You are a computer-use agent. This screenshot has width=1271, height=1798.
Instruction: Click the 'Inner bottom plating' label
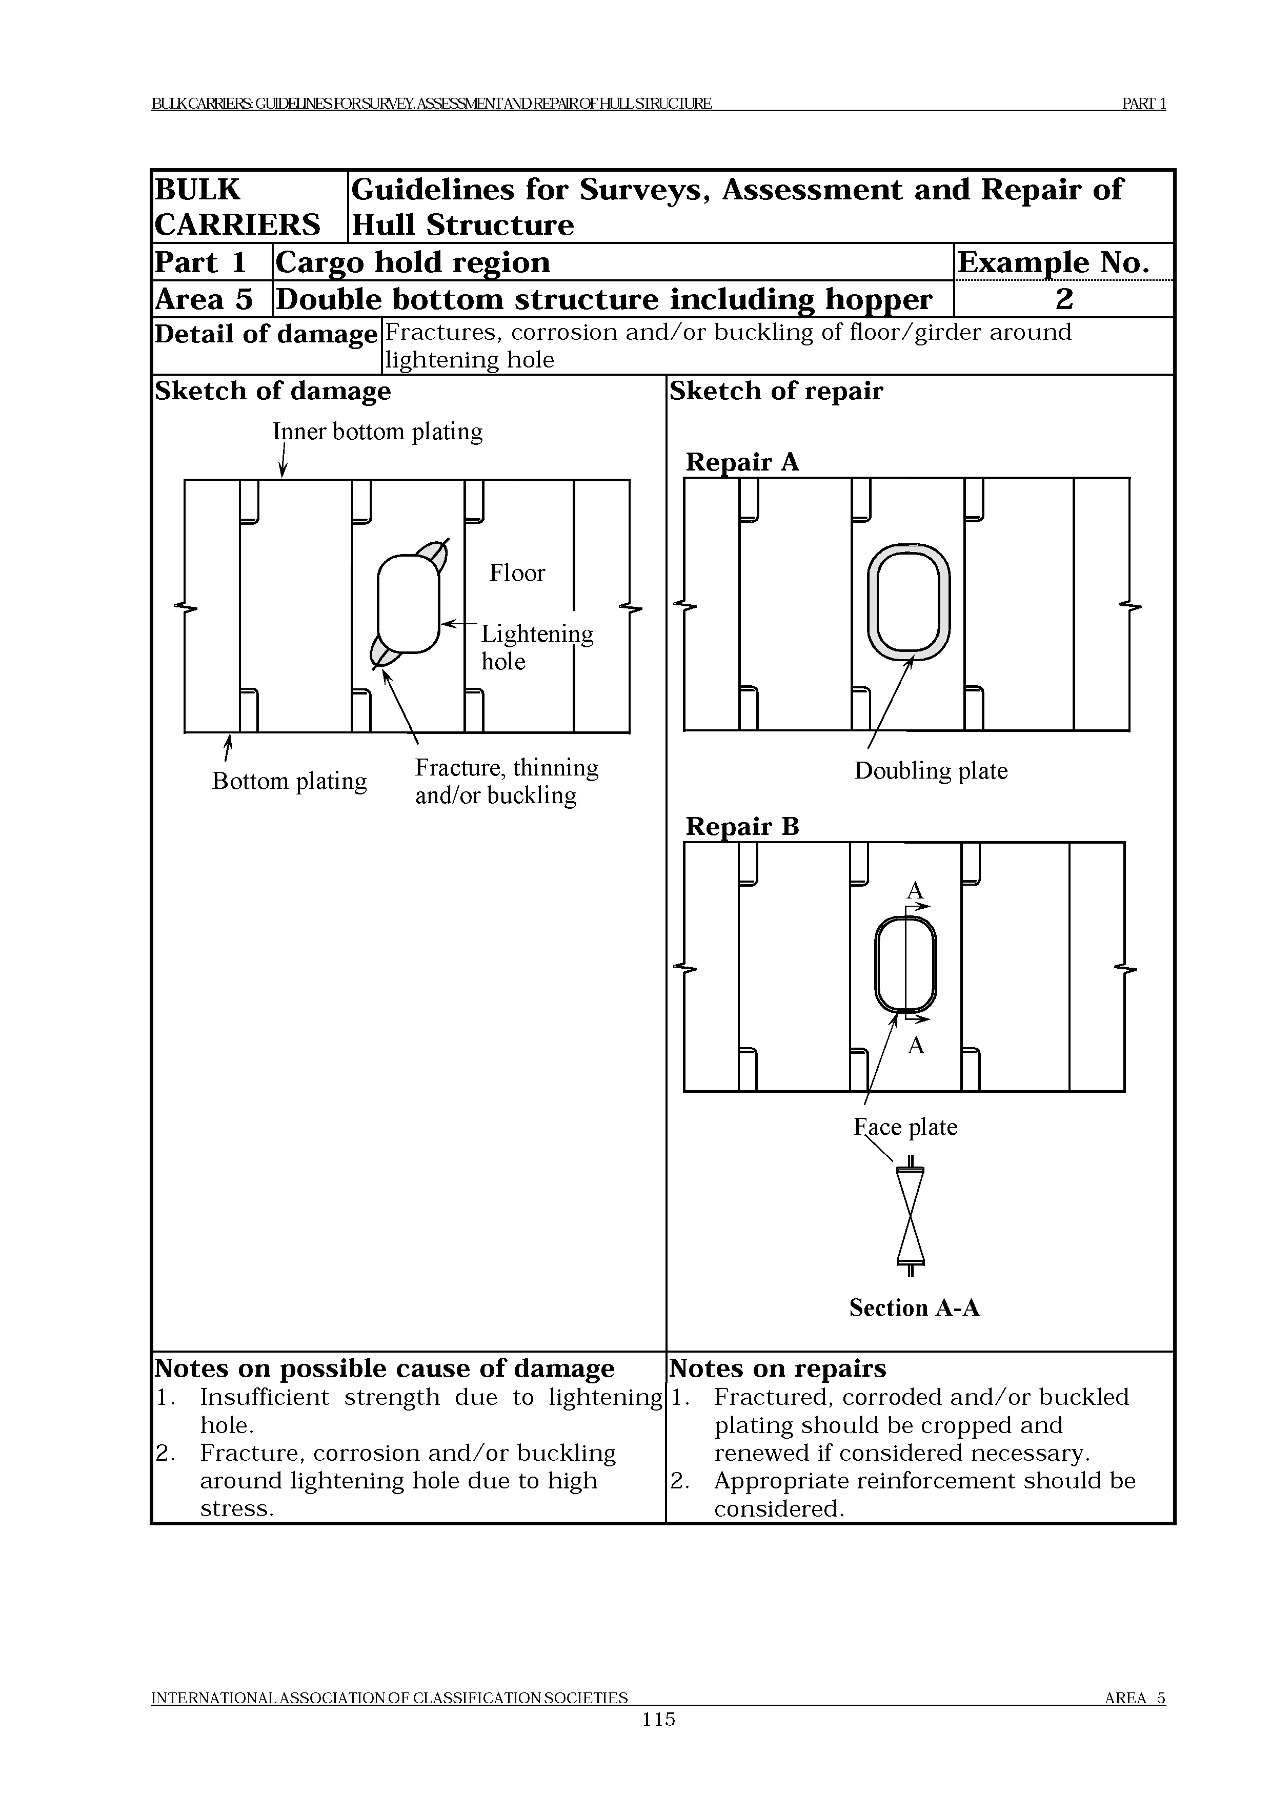pyautogui.click(x=377, y=432)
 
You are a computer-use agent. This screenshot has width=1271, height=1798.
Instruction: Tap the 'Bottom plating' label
pyautogui.click(x=289, y=781)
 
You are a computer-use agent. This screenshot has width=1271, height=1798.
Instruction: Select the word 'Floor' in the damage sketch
pyautogui.click(x=516, y=573)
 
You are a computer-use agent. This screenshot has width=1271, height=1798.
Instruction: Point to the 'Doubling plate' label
pyautogui.click(x=931, y=770)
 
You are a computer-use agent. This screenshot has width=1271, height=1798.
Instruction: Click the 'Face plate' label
pyautogui.click(x=905, y=1127)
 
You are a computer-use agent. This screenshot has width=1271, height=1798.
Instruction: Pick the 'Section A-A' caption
pyautogui.click(x=914, y=1308)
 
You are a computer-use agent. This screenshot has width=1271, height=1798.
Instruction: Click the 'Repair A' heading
pyautogui.click(x=741, y=462)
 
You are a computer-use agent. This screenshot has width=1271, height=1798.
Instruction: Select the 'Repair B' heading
pyautogui.click(x=741, y=826)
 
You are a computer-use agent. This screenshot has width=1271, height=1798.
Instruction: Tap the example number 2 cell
pyautogui.click(x=1063, y=299)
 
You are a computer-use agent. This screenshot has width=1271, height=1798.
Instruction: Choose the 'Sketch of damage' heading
pyautogui.click(x=273, y=391)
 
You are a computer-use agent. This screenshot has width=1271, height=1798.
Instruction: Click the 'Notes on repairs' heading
pyautogui.click(x=777, y=1368)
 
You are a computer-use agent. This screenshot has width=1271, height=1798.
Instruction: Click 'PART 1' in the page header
pyautogui.click(x=1143, y=104)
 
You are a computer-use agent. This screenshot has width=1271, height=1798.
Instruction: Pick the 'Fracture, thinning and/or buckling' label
pyautogui.click(x=506, y=781)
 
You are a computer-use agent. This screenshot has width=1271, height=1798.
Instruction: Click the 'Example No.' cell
pyautogui.click(x=1053, y=262)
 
